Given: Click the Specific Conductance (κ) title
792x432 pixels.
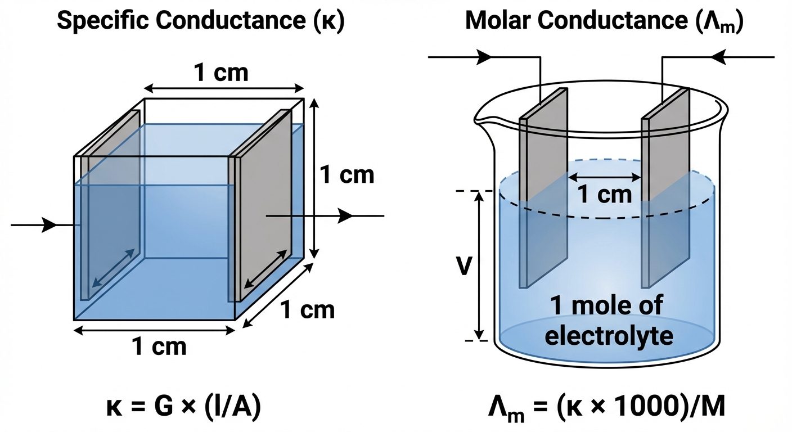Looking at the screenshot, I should (200, 21).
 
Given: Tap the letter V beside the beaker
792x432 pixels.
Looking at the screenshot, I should (463, 267).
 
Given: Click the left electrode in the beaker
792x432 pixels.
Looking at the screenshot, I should (543, 191).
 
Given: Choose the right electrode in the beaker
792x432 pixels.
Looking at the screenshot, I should (666, 191).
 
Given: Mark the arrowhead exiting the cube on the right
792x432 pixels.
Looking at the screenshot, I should (344, 215).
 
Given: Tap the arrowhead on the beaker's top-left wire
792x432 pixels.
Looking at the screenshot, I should (484, 56).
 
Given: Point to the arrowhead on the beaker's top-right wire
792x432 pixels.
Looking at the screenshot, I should (719, 56).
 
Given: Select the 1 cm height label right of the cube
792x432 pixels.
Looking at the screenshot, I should (346, 175).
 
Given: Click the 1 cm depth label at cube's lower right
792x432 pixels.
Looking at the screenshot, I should (307, 310).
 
